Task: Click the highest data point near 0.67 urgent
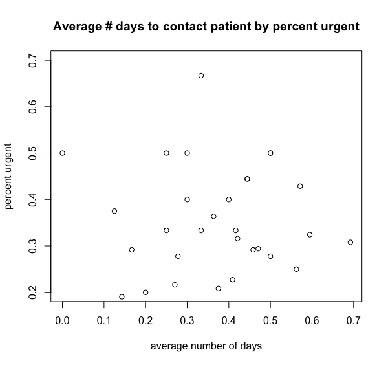pyautogui.click(x=201, y=76)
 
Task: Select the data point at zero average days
pyautogui.click(x=63, y=153)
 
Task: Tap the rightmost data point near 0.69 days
pyautogui.click(x=350, y=242)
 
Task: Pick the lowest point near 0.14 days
pyautogui.click(x=122, y=296)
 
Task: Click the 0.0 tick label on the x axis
pyautogui.click(x=63, y=320)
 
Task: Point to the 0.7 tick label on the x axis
pyautogui.click(x=353, y=320)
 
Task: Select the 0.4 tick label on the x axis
pyautogui.click(x=229, y=320)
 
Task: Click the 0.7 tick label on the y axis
pyautogui.click(x=32, y=60)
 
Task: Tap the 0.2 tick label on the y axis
pyautogui.click(x=32, y=293)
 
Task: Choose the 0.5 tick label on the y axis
pyautogui.click(x=32, y=153)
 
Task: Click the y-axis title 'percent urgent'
pyautogui.click(x=9, y=177)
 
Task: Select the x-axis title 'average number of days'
pyautogui.click(x=206, y=346)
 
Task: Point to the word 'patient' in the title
pyautogui.click(x=218, y=27)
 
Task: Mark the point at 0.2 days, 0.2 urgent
pyautogui.click(x=145, y=293)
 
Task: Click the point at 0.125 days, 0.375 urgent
pyautogui.click(x=114, y=211)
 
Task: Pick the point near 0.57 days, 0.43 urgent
pyautogui.click(x=300, y=186)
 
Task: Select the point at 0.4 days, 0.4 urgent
pyautogui.click(x=229, y=199)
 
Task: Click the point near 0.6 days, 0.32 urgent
pyautogui.click(x=310, y=234)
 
